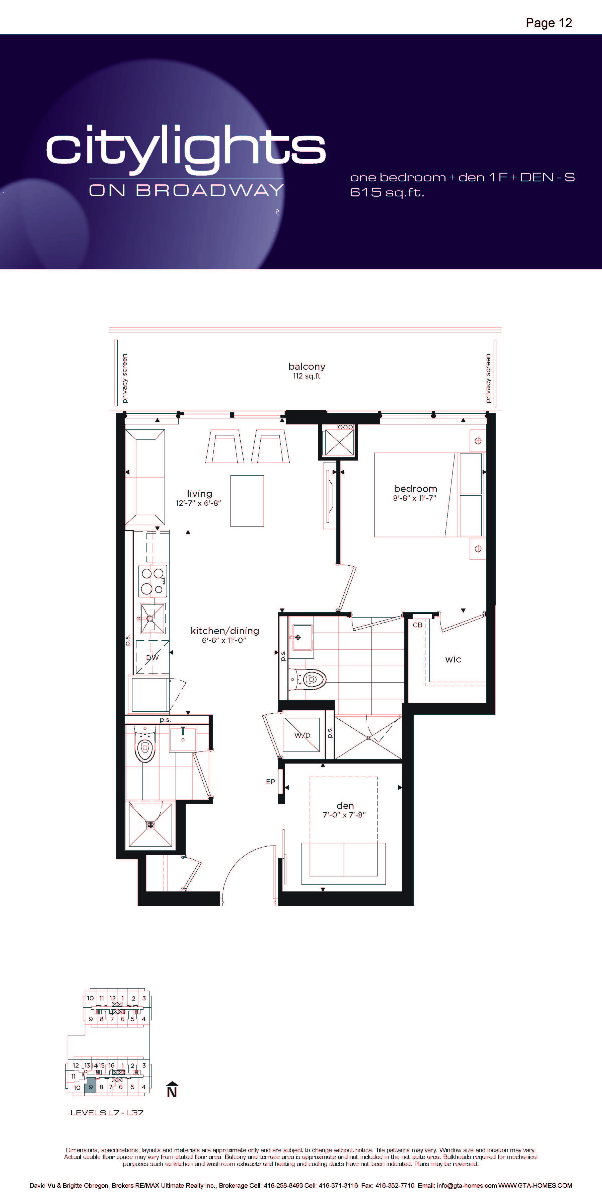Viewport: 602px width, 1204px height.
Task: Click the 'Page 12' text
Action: tap(549, 23)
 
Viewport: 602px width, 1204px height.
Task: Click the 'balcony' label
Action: tap(307, 366)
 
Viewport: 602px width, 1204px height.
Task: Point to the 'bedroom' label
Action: tap(416, 488)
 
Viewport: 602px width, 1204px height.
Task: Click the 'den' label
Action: tap(345, 805)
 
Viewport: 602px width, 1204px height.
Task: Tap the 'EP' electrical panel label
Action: tap(270, 782)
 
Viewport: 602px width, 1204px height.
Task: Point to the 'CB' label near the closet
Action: tap(417, 625)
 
